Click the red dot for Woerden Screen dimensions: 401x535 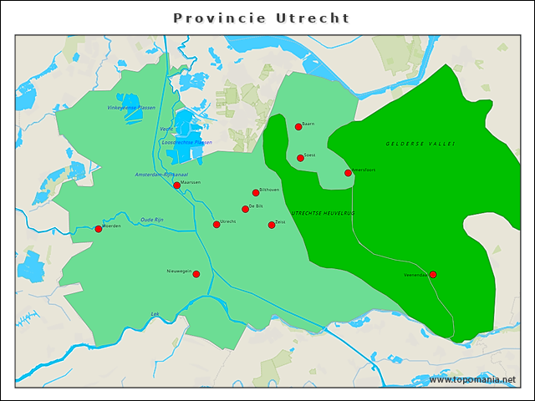click(x=99, y=229)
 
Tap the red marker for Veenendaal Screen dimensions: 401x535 click(x=433, y=274)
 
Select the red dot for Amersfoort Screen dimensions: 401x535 click(x=349, y=173)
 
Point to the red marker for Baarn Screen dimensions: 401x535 click(x=298, y=127)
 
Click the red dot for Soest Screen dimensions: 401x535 click(x=300, y=158)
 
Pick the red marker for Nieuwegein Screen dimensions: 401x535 click(x=196, y=274)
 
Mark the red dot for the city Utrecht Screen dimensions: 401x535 click(x=217, y=224)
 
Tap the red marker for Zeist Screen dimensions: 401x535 click(x=272, y=225)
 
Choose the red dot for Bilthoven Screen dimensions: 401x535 click(x=256, y=193)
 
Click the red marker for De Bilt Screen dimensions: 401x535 click(x=246, y=209)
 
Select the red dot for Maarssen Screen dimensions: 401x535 click(x=176, y=185)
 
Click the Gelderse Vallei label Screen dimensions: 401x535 click(x=420, y=145)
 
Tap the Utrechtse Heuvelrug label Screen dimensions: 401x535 click(x=323, y=214)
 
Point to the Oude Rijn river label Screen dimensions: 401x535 click(x=152, y=220)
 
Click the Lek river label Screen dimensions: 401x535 click(x=155, y=314)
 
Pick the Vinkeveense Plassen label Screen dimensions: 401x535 click(x=131, y=108)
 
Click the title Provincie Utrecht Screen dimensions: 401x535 click(x=262, y=18)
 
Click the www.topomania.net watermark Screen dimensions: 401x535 click(x=472, y=379)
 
